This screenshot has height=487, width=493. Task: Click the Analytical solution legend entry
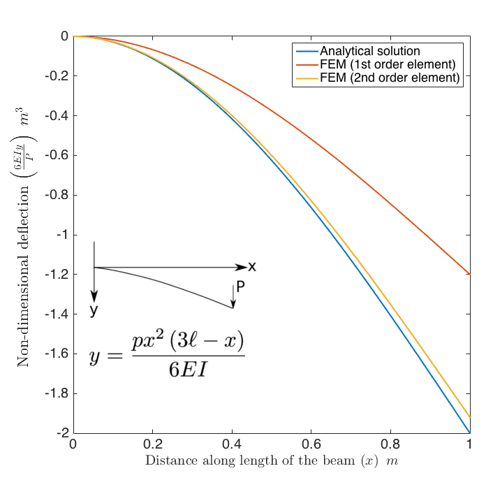click(x=369, y=52)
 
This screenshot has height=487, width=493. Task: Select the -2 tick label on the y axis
click(x=59, y=434)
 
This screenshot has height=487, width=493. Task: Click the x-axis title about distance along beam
click(x=271, y=462)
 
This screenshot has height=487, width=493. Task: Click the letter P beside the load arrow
click(x=241, y=286)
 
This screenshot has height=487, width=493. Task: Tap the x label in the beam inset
click(x=252, y=266)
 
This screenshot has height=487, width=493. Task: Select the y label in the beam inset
click(x=93, y=310)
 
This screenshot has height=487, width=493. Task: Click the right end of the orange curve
click(x=469, y=274)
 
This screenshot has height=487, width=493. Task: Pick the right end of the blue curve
click(x=469, y=433)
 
